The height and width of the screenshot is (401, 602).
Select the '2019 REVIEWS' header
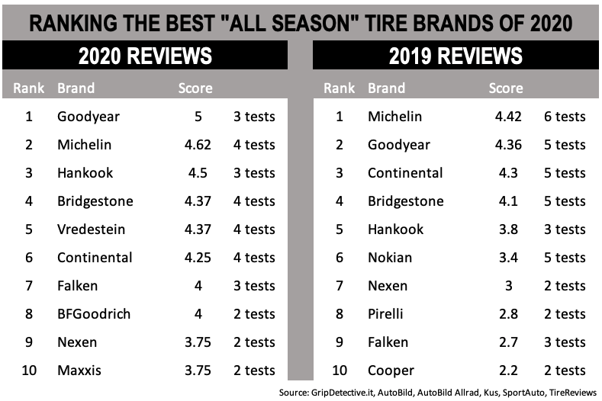click(456, 56)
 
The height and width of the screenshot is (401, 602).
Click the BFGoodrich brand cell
click(93, 314)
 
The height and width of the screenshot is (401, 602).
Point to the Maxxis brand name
click(79, 371)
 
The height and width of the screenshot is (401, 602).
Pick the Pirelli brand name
click(385, 314)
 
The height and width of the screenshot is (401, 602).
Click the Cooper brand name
click(391, 371)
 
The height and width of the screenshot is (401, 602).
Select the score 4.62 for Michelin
click(195, 145)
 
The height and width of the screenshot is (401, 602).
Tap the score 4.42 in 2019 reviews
click(506, 117)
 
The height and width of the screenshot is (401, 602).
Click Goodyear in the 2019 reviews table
click(398, 145)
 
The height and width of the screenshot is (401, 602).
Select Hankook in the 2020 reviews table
click(85, 173)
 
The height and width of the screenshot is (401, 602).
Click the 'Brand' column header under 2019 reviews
click(386, 88)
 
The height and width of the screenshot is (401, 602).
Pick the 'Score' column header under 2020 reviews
click(195, 88)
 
